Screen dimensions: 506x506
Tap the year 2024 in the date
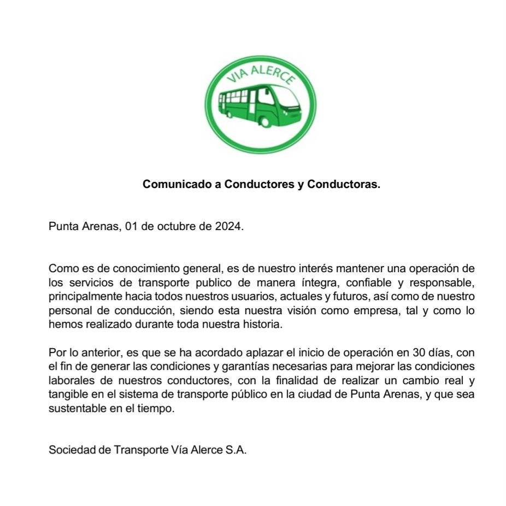point(228,227)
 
